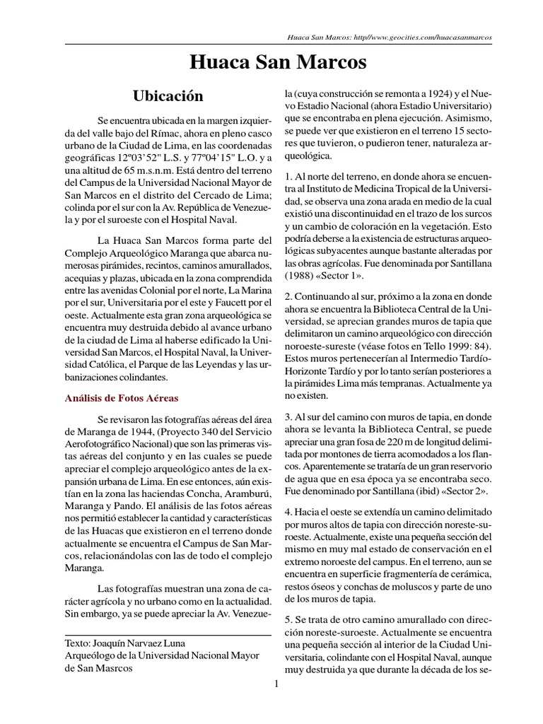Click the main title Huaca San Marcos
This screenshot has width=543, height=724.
pos(279,62)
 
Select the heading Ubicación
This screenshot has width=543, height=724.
pos(168,95)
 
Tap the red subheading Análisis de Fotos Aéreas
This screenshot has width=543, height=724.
pos(121,399)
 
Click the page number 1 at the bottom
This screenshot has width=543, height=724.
pos(277,683)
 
